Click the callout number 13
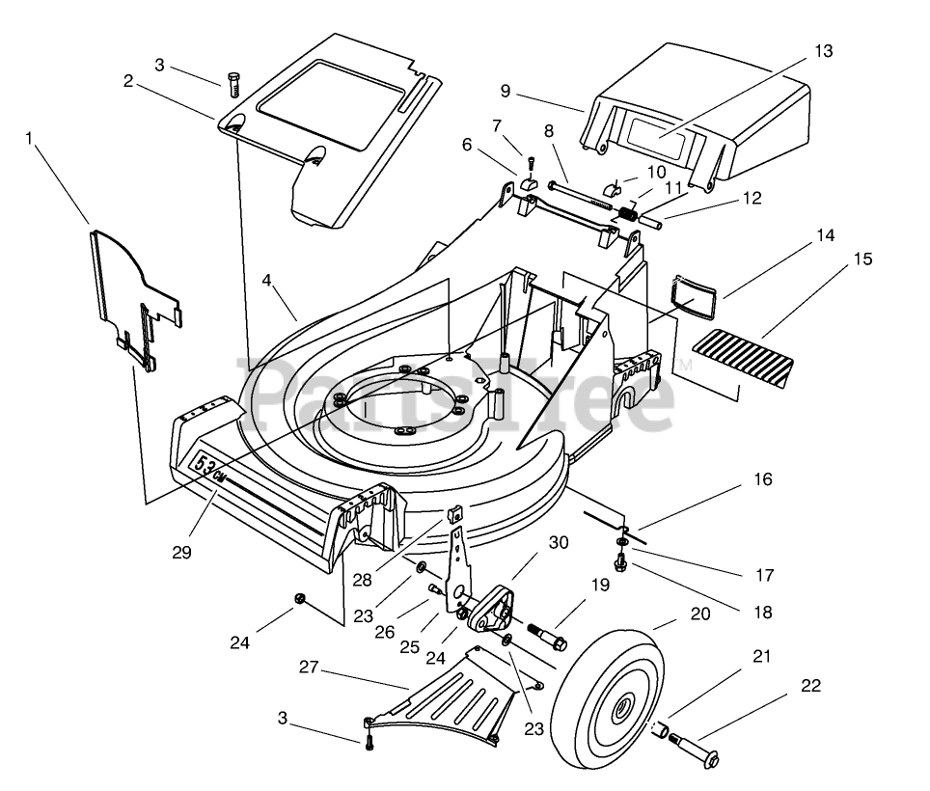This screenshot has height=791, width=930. (x=823, y=51)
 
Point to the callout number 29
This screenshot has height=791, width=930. (x=182, y=552)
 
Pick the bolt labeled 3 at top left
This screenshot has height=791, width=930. (x=233, y=84)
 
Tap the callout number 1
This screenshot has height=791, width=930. (x=29, y=138)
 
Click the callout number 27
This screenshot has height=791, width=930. (x=309, y=668)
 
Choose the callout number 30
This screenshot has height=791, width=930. (x=559, y=542)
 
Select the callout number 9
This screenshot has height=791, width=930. (x=505, y=91)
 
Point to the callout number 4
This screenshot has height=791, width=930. (x=267, y=280)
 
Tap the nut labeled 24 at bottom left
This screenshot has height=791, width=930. (x=299, y=599)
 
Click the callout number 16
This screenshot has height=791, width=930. (x=763, y=478)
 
